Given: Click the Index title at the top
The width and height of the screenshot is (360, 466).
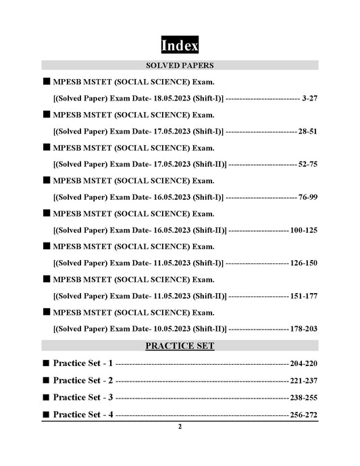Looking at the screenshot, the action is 180,46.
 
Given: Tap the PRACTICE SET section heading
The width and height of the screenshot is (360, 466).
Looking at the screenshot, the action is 180,346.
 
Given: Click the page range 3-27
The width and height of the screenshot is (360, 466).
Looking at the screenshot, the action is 310,99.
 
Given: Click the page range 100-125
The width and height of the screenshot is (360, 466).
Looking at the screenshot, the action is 304,230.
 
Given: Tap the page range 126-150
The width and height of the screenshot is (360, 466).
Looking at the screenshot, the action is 304,263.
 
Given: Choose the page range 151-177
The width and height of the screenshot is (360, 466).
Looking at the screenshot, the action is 304,296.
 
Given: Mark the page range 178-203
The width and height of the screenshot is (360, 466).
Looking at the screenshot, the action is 304,329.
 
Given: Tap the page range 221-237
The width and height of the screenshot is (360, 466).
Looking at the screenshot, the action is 303,380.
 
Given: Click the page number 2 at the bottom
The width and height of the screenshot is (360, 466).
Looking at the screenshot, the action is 180,427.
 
